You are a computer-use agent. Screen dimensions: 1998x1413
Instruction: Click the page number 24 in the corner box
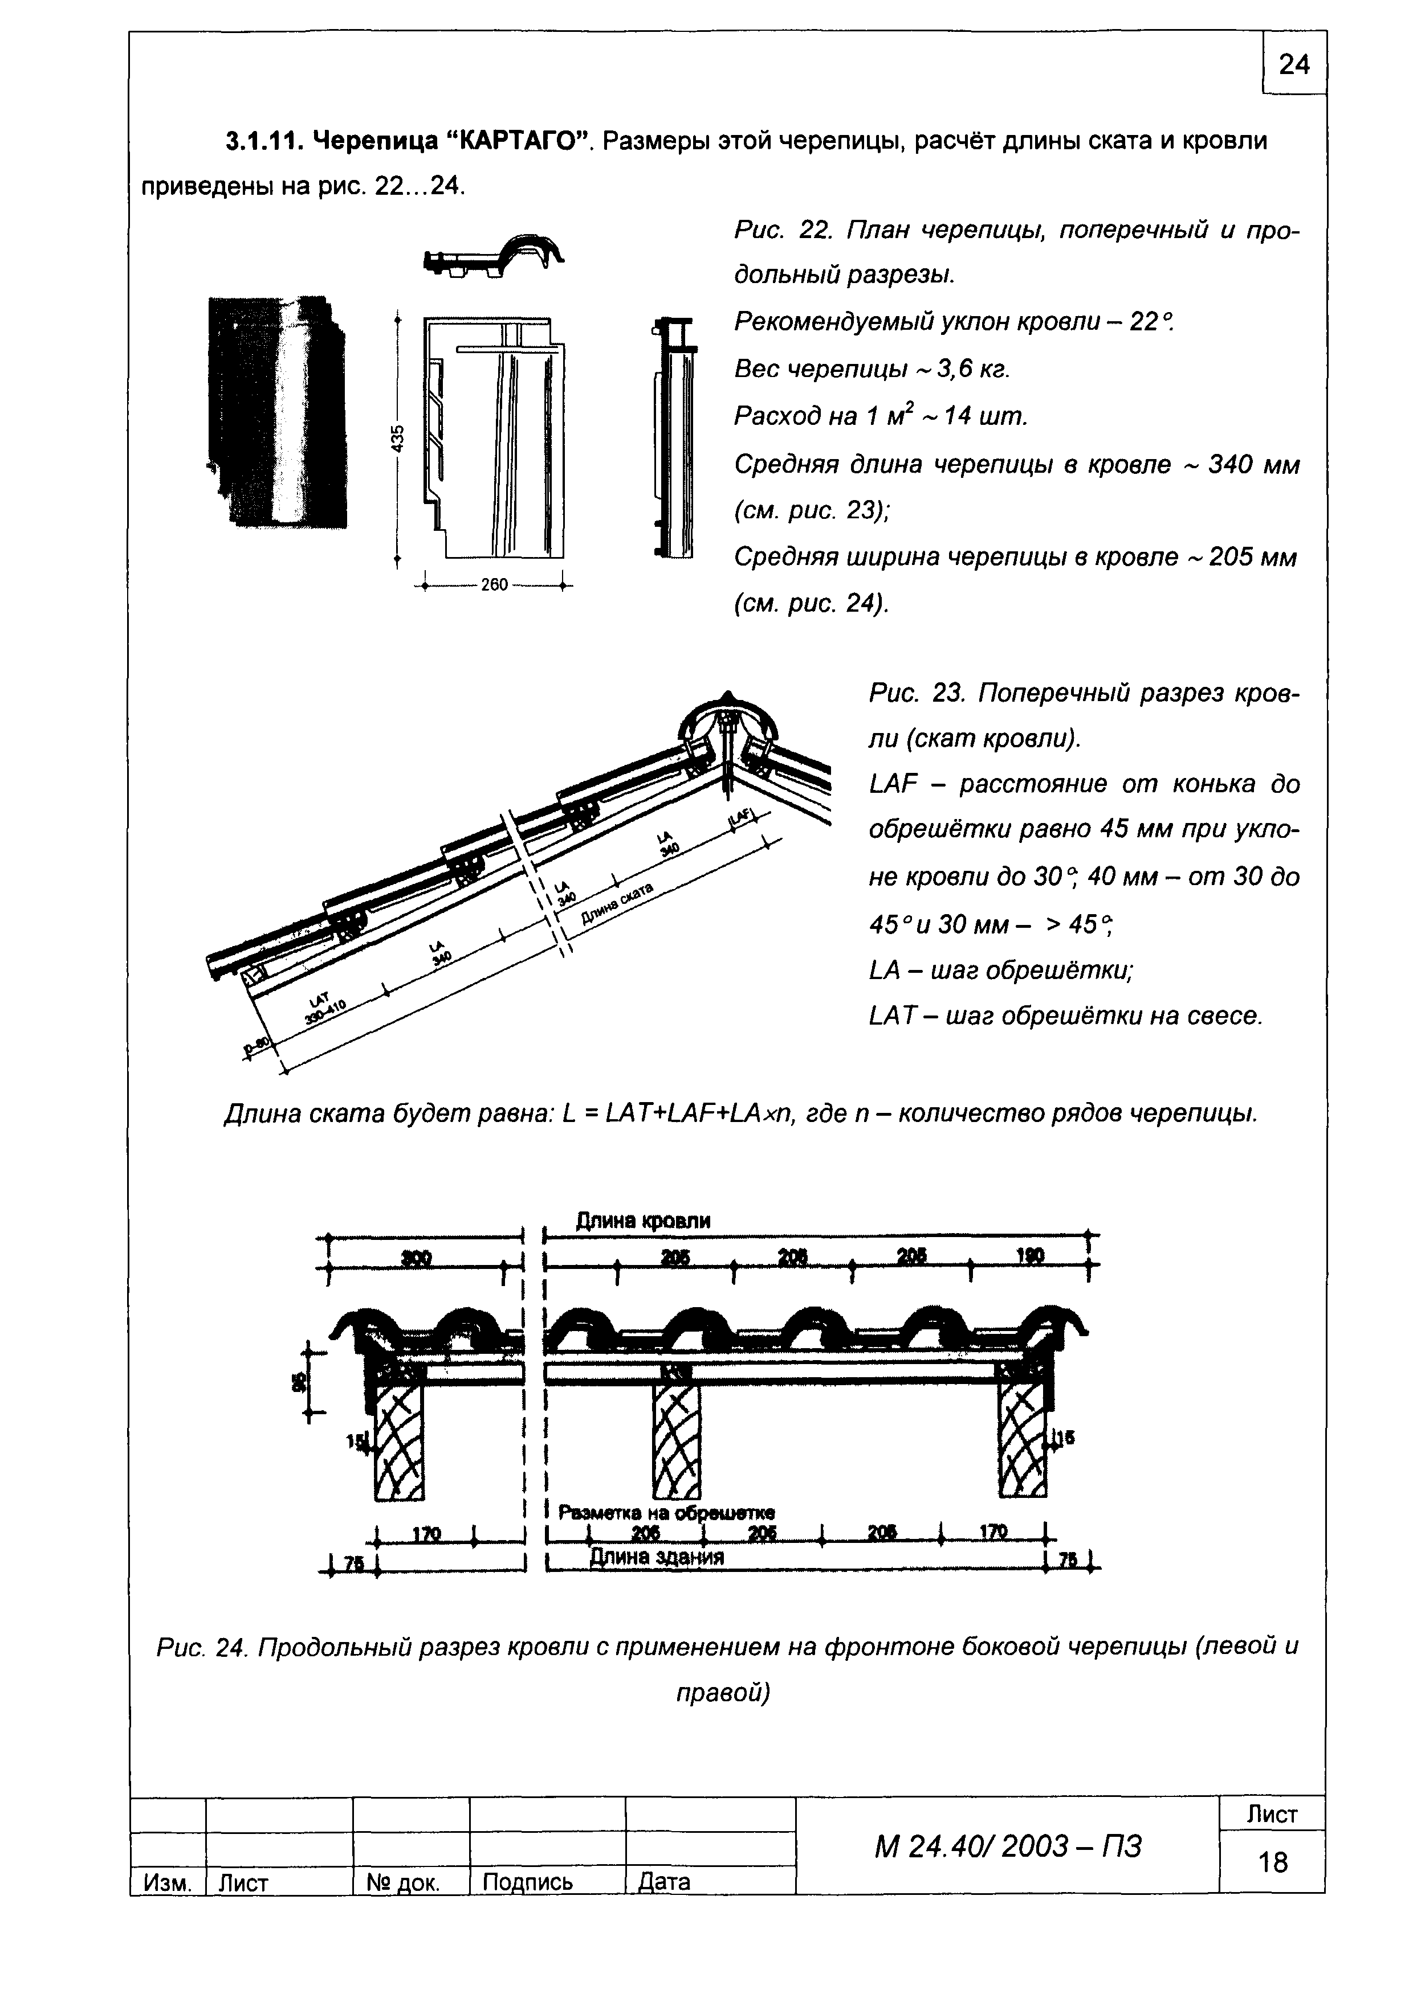coord(1294,64)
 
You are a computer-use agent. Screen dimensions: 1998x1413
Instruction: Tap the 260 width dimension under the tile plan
coord(493,586)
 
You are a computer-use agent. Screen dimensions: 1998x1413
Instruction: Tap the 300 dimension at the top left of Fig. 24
coord(418,1259)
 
